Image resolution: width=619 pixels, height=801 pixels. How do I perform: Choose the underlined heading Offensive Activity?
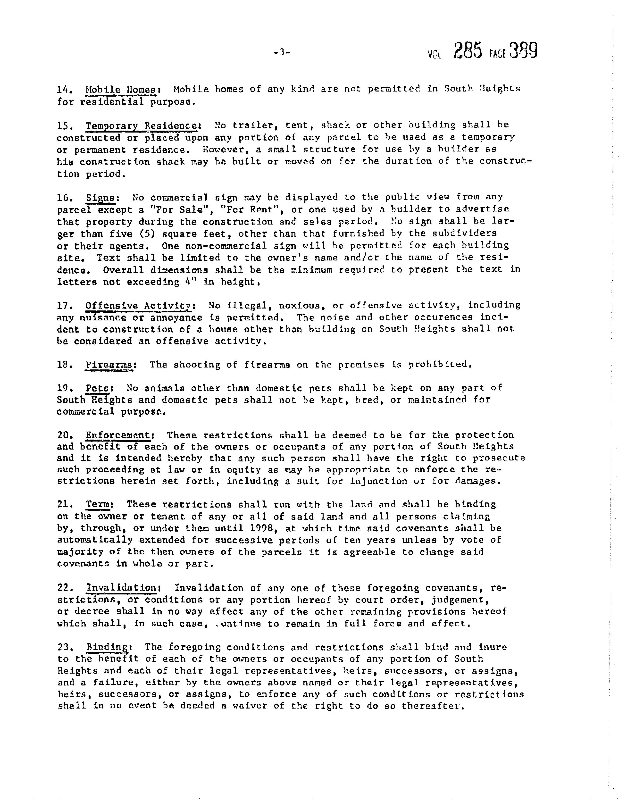(x=138, y=306)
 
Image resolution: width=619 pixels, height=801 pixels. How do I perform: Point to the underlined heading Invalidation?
(x=123, y=588)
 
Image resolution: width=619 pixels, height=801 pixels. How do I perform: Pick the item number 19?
(x=65, y=388)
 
